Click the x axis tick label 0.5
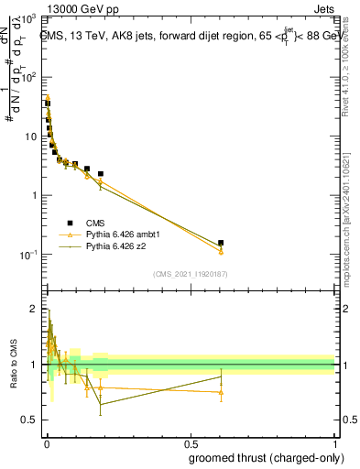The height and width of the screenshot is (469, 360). (190, 443)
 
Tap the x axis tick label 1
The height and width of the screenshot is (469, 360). (334, 443)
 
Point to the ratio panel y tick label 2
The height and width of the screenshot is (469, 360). (34, 309)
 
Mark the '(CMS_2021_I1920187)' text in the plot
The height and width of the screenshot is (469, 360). (190, 273)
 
